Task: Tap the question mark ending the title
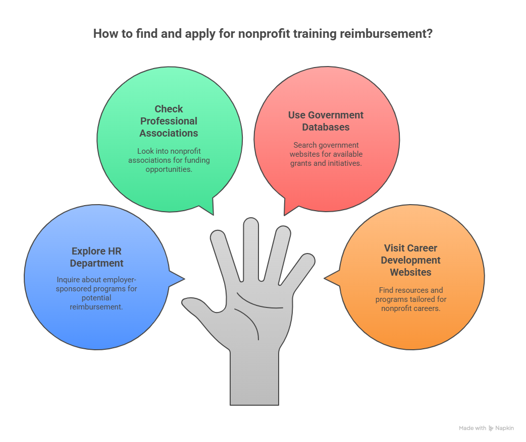click(x=430, y=34)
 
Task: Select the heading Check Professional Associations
click(x=169, y=121)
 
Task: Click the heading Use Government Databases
click(x=326, y=121)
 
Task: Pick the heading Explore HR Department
click(x=96, y=257)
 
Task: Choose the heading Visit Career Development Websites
click(x=410, y=260)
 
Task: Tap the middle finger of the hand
click(x=251, y=248)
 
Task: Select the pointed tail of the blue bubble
click(x=177, y=278)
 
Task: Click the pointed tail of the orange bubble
click(x=332, y=278)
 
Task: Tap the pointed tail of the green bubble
click(x=208, y=207)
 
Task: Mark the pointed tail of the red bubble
click(x=290, y=208)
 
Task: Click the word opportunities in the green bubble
click(x=169, y=169)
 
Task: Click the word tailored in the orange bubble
click(x=423, y=299)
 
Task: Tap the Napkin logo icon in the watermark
click(x=491, y=428)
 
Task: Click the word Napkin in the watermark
click(x=504, y=428)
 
